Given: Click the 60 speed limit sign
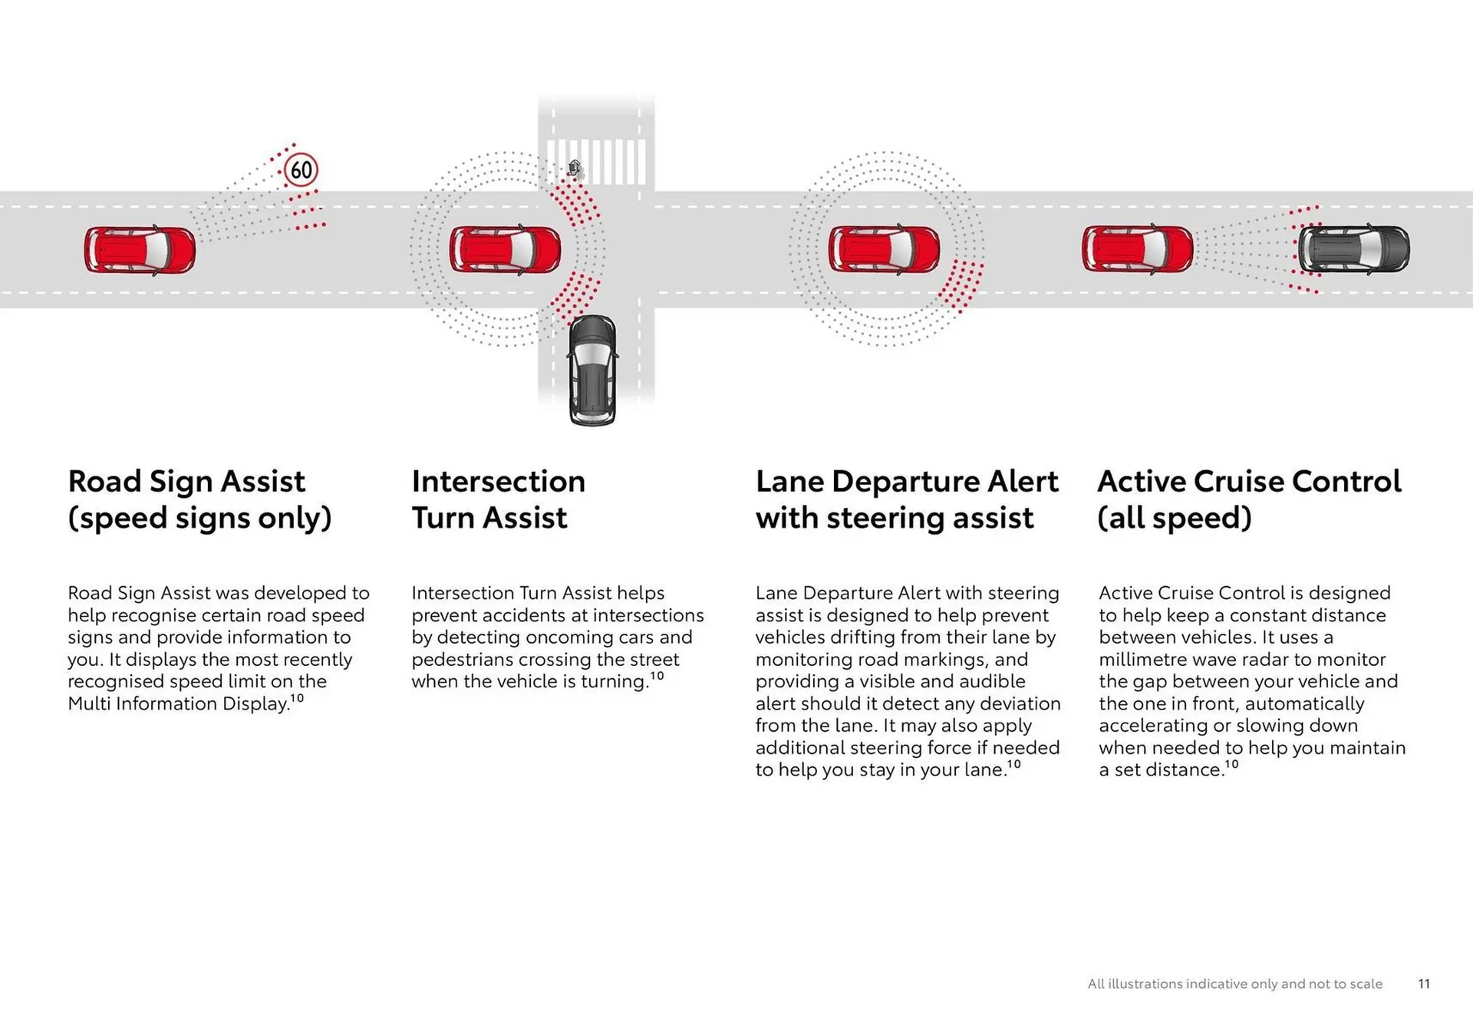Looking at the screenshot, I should point(301,170).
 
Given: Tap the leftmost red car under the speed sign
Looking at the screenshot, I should point(140,249).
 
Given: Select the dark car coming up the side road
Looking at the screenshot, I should point(592,370).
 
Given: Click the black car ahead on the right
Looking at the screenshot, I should point(1353,249).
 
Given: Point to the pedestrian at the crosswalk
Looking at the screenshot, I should point(575,168).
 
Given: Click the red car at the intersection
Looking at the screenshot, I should point(505,249).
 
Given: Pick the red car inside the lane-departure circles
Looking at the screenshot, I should point(884,249).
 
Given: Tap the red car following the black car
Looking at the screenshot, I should point(1137,249).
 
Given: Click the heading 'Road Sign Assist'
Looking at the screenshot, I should point(186,482).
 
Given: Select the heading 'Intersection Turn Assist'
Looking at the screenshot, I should point(498,499).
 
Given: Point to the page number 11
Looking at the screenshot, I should point(1424,983).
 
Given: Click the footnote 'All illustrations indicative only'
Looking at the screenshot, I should point(1234,983).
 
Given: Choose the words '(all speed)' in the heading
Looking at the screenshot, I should point(1174,518).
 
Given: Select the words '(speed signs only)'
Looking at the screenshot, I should point(199,518).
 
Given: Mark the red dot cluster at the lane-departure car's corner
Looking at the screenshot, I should point(961,285).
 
